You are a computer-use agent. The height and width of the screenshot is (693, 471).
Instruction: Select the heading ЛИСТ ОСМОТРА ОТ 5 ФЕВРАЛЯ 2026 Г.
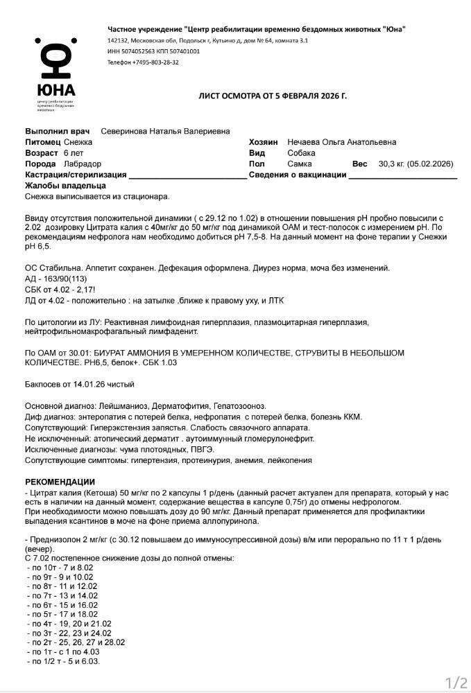point(272,96)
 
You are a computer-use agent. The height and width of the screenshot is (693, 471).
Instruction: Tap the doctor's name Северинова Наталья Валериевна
point(165,131)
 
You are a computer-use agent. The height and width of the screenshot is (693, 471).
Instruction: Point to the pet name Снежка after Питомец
point(78,142)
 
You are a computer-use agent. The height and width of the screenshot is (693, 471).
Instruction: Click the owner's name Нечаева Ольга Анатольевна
point(342,142)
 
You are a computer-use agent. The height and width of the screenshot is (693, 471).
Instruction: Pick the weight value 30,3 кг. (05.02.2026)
point(415,164)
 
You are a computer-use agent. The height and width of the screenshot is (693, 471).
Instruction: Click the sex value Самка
point(300,164)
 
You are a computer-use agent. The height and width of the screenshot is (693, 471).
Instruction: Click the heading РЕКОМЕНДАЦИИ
point(60,482)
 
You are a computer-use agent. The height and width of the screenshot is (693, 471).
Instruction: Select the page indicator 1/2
point(456,683)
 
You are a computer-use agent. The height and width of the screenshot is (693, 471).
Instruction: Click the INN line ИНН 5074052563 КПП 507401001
point(153,51)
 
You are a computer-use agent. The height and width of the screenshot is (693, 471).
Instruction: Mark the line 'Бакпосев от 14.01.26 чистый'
point(80,384)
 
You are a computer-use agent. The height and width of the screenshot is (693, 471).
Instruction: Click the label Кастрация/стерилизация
point(76,175)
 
